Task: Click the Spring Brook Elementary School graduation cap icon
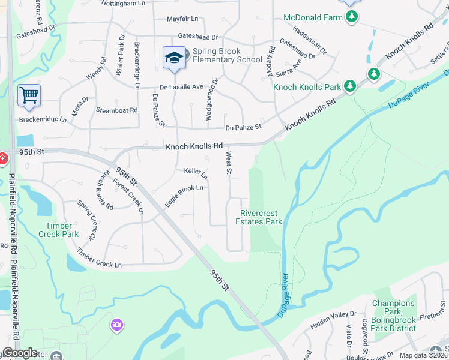pos(175,58)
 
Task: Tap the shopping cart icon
pos(29,95)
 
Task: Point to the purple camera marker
pos(116,325)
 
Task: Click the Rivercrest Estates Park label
pos(261,217)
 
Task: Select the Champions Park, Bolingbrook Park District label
pos(394,311)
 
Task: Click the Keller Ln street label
pos(196,173)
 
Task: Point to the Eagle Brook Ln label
pos(184,196)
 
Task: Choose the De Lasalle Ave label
pos(181,86)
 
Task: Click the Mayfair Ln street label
pos(182,19)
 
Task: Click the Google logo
pos(20,353)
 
